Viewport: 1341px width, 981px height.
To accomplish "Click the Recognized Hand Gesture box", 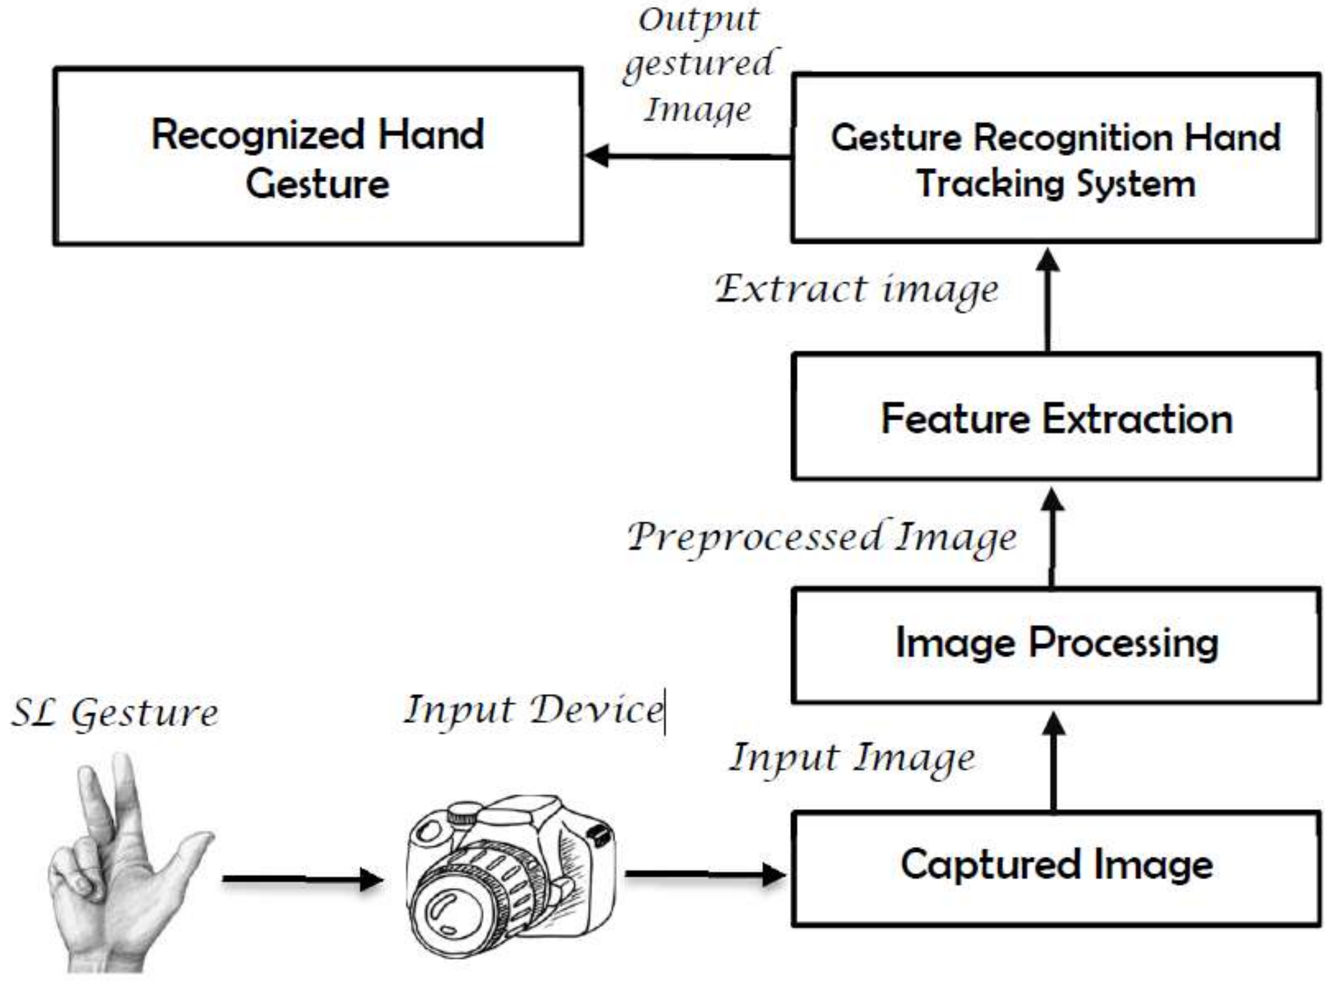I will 318,156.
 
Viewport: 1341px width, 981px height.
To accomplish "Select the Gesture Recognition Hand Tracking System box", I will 1056,159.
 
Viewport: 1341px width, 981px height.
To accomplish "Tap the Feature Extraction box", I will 1056,417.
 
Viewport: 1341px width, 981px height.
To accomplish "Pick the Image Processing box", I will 1056,644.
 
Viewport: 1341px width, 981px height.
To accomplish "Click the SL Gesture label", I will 114,713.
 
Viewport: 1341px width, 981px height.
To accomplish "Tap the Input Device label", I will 533,710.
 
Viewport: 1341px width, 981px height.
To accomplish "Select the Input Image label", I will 852,759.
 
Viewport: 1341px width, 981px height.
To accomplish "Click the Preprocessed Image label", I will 822,538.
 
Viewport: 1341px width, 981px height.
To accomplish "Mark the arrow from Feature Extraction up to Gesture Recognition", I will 1048,300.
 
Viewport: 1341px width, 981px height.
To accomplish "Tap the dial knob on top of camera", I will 460,814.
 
